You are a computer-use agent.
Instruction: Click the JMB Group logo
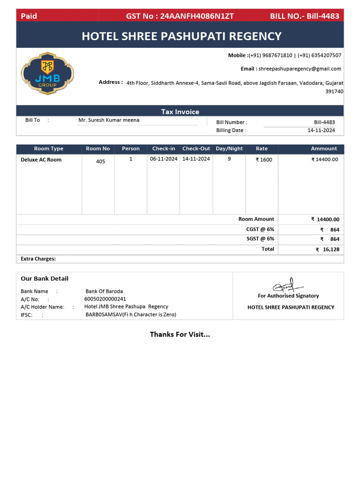tap(47, 74)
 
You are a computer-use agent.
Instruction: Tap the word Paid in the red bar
tap(29, 16)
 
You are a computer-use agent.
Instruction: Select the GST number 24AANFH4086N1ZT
tap(197, 16)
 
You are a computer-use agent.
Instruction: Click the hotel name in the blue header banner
tap(181, 36)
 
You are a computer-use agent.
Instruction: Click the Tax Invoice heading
tap(180, 112)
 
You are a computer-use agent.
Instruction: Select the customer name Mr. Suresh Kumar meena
tap(109, 120)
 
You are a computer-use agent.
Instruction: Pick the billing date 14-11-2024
tap(321, 130)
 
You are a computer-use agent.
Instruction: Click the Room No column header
tap(98, 149)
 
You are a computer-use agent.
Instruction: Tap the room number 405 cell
tap(100, 161)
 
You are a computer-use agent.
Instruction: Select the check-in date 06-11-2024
tap(164, 159)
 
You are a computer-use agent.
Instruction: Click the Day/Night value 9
tap(229, 159)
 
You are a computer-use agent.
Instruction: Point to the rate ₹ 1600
tap(263, 159)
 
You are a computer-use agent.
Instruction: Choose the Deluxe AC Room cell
tap(41, 160)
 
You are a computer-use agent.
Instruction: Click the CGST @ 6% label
tap(260, 229)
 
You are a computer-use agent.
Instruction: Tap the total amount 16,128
tap(330, 249)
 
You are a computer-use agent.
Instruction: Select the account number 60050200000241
tap(105, 299)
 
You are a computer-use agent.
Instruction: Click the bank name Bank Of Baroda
tap(104, 291)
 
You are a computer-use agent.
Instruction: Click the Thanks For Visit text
tap(180, 334)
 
